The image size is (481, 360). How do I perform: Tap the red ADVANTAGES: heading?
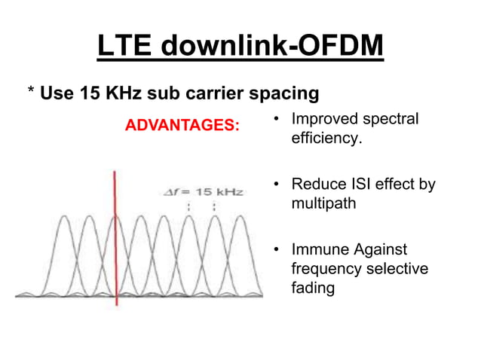click(182, 124)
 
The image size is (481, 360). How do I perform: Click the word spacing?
click(282, 95)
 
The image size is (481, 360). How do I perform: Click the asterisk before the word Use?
click(31, 93)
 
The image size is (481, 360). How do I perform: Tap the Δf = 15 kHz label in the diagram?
click(204, 192)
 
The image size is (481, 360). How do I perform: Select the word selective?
click(397, 268)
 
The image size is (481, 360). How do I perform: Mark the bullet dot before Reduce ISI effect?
click(277, 185)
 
